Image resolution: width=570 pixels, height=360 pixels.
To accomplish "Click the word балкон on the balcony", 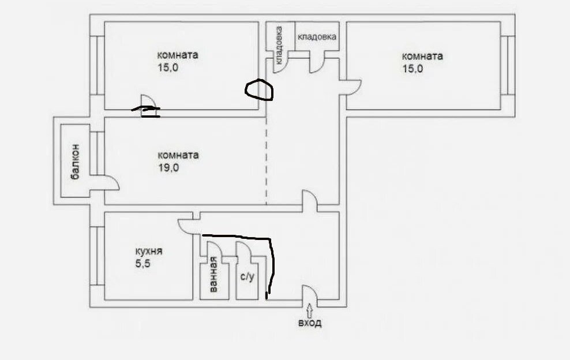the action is point(76,162).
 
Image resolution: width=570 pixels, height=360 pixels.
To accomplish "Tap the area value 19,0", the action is point(168,168).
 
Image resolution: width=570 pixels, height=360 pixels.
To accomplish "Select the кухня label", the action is point(149,252).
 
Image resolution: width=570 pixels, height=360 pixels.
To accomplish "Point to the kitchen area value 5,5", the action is point(142,264).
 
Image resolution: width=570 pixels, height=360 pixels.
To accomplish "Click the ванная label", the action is point(213,275).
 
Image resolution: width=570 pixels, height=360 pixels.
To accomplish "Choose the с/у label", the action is point(247,277).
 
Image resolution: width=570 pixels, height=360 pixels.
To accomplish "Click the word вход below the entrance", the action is point(310,323).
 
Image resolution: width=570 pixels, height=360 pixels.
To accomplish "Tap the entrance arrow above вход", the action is point(309,310).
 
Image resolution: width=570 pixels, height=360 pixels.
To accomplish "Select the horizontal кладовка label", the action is point(317,37).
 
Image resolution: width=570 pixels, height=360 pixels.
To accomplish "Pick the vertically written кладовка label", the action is point(279,45).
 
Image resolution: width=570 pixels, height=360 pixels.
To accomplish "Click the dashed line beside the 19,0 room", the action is point(267,161).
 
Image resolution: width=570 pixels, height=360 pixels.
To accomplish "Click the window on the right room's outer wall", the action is point(508,65).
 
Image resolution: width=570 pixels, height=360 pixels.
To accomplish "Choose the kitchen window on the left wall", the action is point(97,256).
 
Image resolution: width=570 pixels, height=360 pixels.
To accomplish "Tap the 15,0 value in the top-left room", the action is point(168,67).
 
